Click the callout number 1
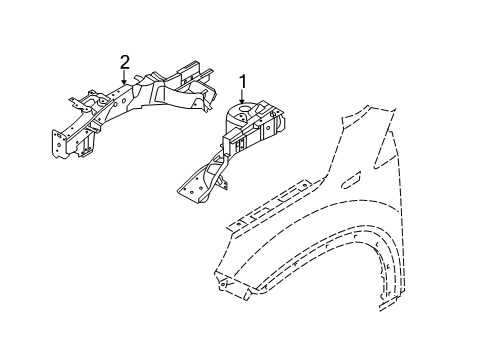(x=242, y=80)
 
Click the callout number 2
(x=125, y=63)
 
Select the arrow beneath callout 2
(x=125, y=80)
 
